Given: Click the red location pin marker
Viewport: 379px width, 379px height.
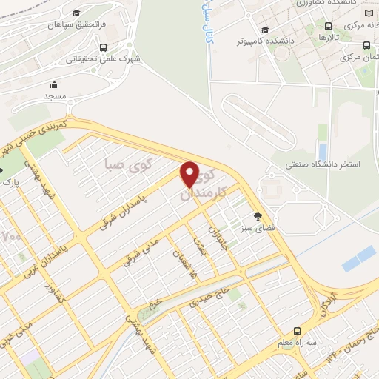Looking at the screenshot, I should (189, 175).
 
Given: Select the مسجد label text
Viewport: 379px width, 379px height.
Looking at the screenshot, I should (55, 96).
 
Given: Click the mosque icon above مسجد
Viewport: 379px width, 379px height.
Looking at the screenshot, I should (55, 84).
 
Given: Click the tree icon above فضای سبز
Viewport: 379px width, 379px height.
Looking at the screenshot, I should (258, 217).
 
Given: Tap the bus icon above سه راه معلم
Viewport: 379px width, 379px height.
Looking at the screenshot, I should (297, 331).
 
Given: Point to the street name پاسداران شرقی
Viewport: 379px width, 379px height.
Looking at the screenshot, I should (122, 213).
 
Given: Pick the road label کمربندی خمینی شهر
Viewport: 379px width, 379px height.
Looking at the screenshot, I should (33, 136).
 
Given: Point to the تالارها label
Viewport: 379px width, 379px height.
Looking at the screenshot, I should (326, 37).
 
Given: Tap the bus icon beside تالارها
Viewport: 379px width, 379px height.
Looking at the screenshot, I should (327, 26).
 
